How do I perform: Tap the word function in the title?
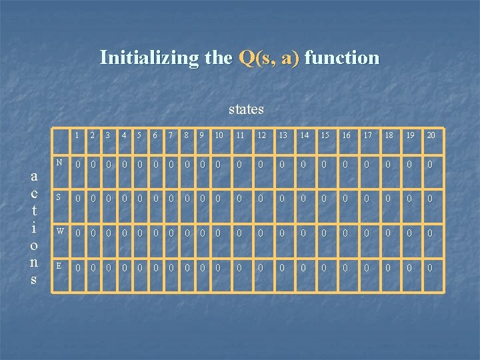[342, 58]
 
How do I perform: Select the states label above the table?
[246, 109]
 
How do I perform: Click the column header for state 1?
[77, 135]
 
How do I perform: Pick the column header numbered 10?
[218, 135]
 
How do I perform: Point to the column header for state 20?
[431, 135]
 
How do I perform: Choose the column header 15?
[325, 135]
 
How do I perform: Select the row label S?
[59, 197]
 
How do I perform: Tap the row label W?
[59, 231]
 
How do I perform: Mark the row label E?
[59, 265]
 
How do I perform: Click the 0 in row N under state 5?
[139, 164]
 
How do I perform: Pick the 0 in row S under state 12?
[261, 199]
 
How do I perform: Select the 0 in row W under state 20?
[431, 233]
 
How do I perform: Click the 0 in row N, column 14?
[304, 164]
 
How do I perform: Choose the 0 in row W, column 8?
[187, 233]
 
